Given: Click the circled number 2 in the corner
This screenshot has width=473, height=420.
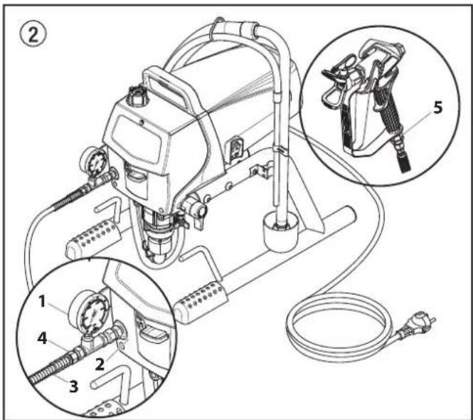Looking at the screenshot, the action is point(33,34).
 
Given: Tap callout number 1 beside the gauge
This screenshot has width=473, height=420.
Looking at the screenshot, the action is point(42,301).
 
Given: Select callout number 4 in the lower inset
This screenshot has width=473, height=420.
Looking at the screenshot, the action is point(42,338).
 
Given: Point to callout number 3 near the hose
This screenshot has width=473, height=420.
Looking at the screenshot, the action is point(73,386).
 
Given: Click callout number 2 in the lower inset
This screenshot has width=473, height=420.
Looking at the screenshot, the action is point(100,364).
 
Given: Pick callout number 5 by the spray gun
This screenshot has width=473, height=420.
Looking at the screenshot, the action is point(437,107).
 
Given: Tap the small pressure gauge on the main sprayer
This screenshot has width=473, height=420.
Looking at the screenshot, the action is point(95,162).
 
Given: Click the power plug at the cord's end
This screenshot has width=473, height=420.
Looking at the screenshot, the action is point(416,326).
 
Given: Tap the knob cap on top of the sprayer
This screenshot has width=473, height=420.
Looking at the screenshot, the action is point(137,96).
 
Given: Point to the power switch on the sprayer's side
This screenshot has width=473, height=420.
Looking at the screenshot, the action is point(237,147).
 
